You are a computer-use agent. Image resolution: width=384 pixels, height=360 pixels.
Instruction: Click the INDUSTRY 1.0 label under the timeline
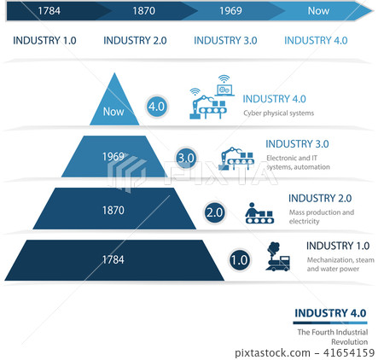tap(45, 40)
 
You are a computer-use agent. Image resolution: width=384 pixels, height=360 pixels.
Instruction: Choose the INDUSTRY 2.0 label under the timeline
tap(135, 40)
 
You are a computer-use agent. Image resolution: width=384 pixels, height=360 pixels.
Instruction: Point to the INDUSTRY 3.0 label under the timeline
tap(225, 40)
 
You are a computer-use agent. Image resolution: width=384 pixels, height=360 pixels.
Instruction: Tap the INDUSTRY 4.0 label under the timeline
tap(316, 40)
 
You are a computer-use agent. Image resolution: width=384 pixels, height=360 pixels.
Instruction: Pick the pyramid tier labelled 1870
tap(113, 209)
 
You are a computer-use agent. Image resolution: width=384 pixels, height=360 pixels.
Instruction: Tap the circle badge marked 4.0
tap(156, 107)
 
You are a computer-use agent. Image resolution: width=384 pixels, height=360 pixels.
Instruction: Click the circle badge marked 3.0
tap(186, 158)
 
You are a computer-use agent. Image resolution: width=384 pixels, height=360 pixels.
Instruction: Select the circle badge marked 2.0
tap(214, 212)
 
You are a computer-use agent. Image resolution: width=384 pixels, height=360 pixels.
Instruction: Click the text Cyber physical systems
tap(278, 113)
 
